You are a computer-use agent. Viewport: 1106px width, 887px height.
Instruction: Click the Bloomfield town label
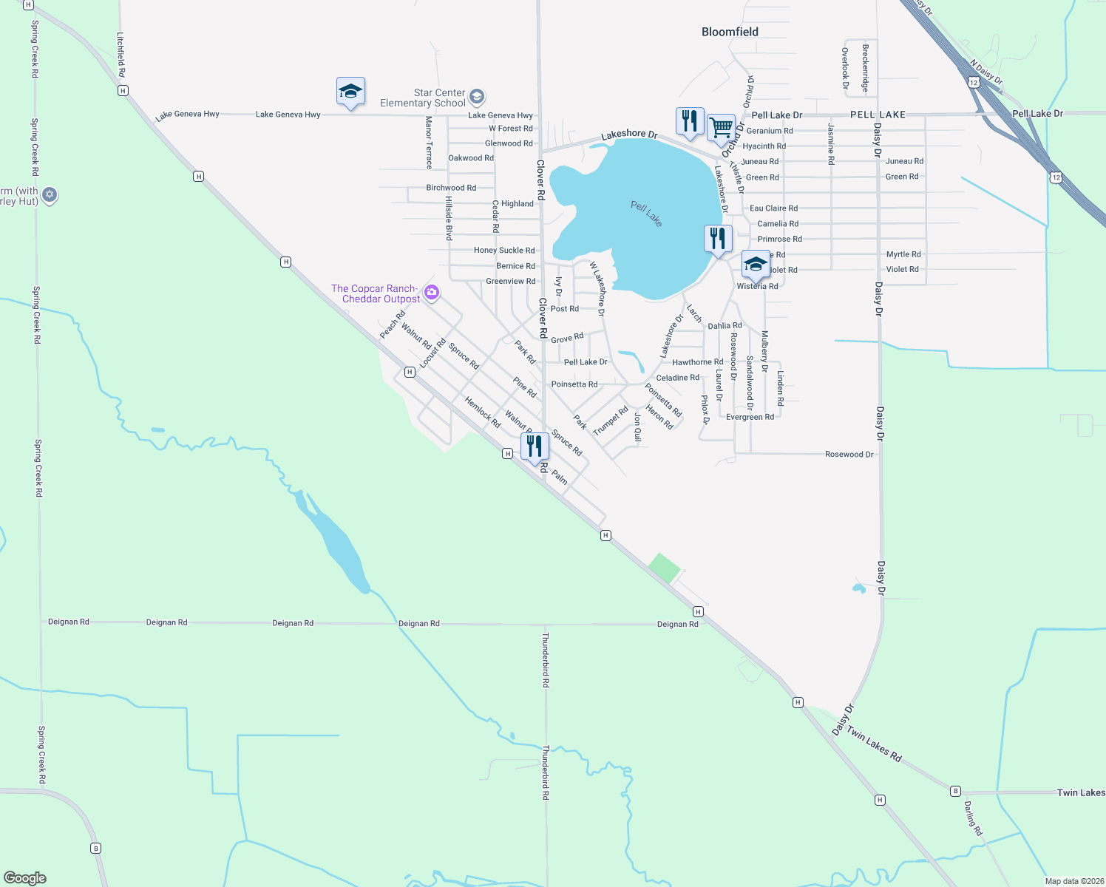tap(730, 32)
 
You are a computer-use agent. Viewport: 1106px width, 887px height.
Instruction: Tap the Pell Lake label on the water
tap(646, 214)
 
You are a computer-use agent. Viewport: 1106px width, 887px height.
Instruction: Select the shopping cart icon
tap(721, 127)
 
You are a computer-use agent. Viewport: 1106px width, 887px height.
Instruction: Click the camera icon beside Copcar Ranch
tap(432, 293)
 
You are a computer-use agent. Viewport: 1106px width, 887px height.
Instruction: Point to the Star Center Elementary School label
tap(424, 98)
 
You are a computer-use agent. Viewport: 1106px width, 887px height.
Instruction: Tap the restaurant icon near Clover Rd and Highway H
tap(535, 446)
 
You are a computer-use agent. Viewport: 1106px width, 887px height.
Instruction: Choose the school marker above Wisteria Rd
tap(755, 264)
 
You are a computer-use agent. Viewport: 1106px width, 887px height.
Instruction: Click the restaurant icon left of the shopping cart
tap(689, 121)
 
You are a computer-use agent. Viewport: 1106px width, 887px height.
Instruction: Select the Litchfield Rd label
tap(121, 54)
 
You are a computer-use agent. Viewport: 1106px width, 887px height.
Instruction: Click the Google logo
tap(25, 878)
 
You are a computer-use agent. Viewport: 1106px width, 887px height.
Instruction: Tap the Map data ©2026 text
tap(1074, 881)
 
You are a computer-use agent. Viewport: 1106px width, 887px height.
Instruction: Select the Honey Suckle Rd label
tap(504, 251)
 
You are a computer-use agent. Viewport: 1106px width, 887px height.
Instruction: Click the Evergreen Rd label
tap(750, 417)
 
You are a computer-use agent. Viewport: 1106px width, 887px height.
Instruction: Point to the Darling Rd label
tap(973, 818)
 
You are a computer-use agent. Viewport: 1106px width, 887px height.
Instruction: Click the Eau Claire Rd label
tap(773, 208)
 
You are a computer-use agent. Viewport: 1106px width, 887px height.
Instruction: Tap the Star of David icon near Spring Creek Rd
tap(50, 195)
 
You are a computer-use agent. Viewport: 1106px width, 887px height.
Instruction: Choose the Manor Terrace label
tap(429, 143)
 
